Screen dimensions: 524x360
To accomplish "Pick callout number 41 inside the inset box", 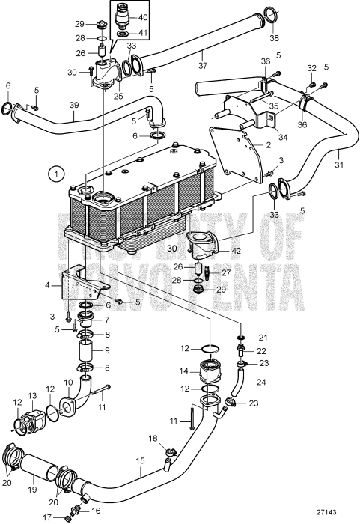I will pyautogui.click(x=144, y=33).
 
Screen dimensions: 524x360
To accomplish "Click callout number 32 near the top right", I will pyautogui.click(x=311, y=68).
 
